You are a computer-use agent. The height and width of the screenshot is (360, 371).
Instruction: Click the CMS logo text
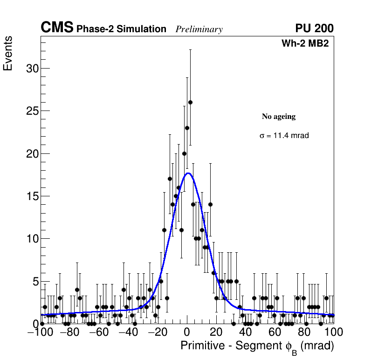(x=57, y=28)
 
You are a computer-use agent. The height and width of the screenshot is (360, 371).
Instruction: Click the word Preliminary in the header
(x=199, y=29)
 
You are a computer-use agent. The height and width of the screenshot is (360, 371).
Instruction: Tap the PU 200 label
(x=314, y=28)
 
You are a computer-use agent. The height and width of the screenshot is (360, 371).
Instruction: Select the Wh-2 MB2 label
(x=307, y=44)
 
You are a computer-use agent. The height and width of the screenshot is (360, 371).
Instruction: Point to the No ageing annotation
(x=279, y=117)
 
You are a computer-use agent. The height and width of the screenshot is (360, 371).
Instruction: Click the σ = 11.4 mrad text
(x=284, y=136)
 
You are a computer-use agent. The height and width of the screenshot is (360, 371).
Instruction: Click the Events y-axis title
(x=8, y=54)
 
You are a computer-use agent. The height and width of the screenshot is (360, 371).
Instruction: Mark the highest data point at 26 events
(x=190, y=102)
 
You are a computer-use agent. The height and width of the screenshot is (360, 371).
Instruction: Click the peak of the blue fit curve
(x=188, y=173)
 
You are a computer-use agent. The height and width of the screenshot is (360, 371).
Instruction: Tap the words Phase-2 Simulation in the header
(x=121, y=29)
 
